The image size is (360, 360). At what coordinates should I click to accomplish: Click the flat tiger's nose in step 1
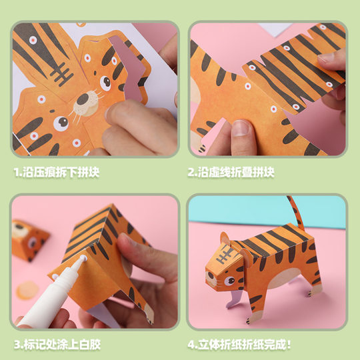click(x=83, y=99)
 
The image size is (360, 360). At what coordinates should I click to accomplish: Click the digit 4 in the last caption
click(x=191, y=346)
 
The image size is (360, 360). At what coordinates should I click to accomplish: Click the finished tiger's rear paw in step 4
click(x=313, y=291)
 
